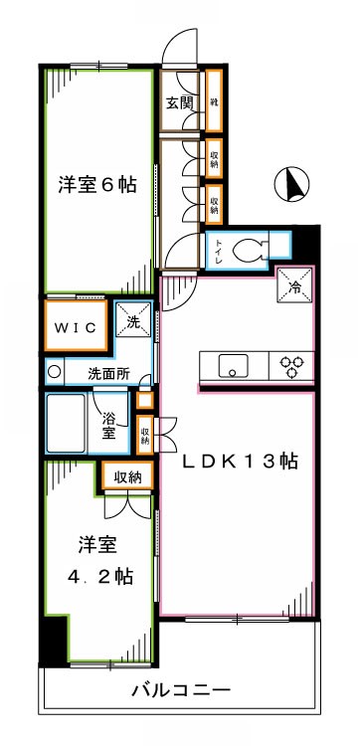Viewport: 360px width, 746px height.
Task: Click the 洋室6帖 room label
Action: [x=96, y=184]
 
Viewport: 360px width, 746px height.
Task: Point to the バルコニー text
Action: [x=181, y=688]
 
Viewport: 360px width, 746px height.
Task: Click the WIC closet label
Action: [x=76, y=325]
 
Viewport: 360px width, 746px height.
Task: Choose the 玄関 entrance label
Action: [x=179, y=102]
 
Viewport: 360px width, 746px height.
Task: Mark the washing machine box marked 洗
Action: [x=134, y=321]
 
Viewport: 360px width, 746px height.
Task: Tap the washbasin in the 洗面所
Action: [x=56, y=374]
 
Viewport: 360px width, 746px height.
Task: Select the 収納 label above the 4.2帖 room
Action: [x=126, y=477]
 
